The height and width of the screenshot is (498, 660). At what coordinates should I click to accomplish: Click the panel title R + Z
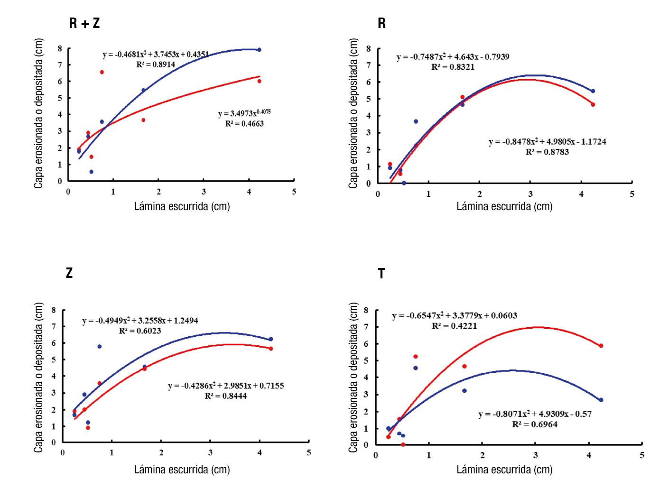84,23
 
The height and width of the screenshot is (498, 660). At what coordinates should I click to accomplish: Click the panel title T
381,274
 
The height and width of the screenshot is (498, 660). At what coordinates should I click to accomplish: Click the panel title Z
69,273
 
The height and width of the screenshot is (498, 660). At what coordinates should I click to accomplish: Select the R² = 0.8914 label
156,65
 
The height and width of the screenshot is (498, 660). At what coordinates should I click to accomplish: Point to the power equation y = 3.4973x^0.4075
244,113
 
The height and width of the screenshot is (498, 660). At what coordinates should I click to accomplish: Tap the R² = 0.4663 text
244,124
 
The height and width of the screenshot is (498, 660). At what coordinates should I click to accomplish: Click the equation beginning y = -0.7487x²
453,57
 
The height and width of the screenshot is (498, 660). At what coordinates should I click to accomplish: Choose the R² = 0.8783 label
547,152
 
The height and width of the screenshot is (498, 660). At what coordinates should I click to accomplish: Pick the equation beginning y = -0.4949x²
140,321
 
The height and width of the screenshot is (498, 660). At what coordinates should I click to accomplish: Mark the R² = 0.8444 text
226,396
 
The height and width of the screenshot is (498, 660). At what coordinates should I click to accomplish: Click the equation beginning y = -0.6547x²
455,316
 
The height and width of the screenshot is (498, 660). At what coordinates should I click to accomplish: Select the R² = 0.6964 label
535,424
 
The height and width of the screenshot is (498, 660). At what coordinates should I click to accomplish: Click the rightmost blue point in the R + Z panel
259,50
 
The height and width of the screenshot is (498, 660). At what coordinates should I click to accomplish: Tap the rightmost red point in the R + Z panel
259,81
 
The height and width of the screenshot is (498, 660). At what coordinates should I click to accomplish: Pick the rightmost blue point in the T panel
601,400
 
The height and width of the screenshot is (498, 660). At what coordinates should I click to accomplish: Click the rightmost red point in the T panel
601,346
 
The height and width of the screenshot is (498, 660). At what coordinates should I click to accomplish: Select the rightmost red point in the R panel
593,104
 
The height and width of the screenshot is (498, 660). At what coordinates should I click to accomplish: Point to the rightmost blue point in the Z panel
270,339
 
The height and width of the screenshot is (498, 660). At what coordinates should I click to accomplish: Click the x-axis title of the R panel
504,206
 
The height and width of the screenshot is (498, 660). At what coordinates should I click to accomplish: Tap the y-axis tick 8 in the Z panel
54,310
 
